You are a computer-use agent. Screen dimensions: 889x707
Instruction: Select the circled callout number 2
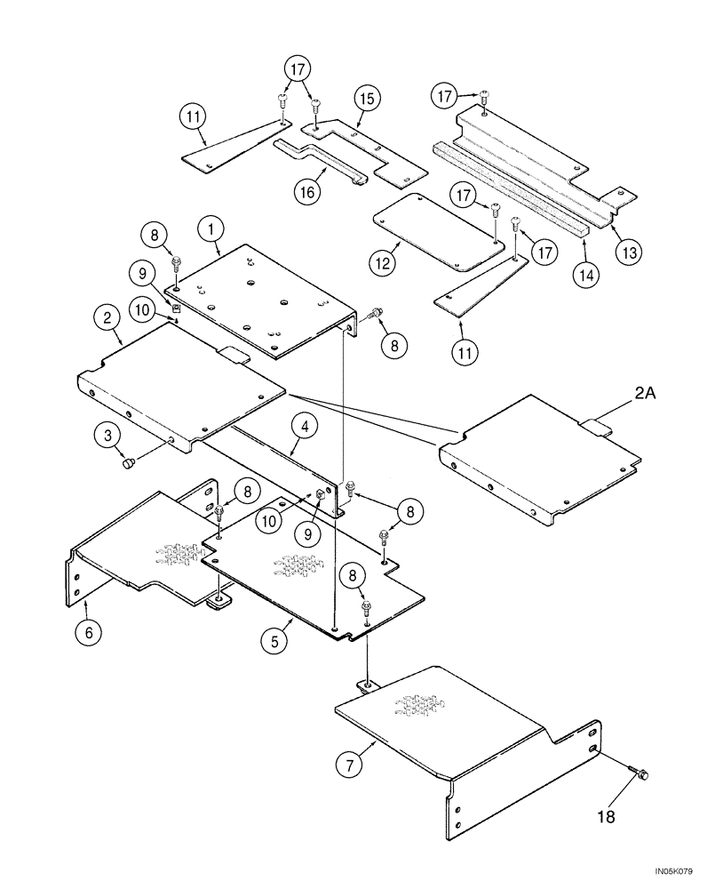point(107,316)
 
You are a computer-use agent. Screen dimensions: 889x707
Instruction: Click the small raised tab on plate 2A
point(596,428)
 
